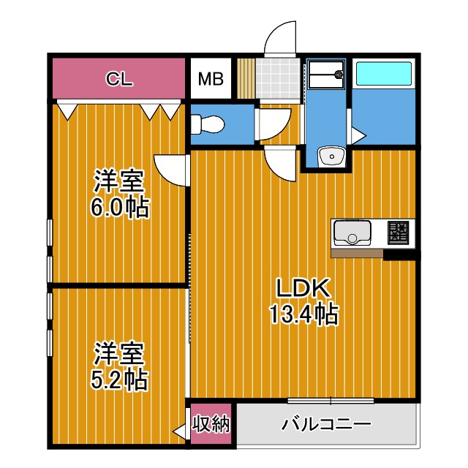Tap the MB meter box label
pyautogui.click(x=211, y=79)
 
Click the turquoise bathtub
pyautogui.click(x=383, y=75)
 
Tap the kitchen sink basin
pyautogui.click(x=352, y=235)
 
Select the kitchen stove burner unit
pyautogui.click(x=398, y=233)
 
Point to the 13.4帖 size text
pyautogui.click(x=303, y=315)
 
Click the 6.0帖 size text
pyautogui.click(x=118, y=207)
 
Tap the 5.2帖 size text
pyautogui.click(x=118, y=379)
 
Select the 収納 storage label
pyautogui.click(x=211, y=423)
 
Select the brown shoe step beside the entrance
pyautogui.click(x=245, y=76)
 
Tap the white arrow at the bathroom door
pyautogui.click(x=358, y=136)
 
